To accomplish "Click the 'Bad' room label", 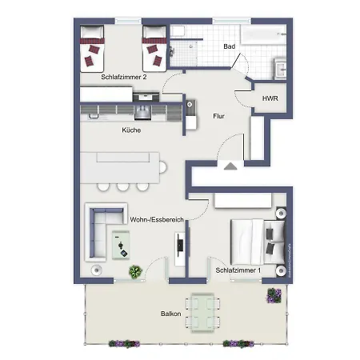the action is (x=229, y=46).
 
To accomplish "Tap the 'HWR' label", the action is (x=270, y=98).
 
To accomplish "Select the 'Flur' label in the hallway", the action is (x=218, y=116).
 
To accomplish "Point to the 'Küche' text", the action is (x=131, y=130).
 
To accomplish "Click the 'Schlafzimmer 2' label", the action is (x=124, y=77).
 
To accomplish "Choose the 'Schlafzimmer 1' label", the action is (x=238, y=270).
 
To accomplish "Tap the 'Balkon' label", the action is (x=170, y=314).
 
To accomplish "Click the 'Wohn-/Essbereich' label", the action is (x=157, y=219).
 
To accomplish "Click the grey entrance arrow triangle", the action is (x=230, y=166).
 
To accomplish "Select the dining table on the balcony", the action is (x=202, y=313).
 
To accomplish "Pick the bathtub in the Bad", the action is (x=263, y=34).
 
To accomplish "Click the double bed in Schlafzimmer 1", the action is (x=258, y=242).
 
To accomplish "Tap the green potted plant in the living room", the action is (x=135, y=272).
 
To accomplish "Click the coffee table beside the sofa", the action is (x=121, y=245).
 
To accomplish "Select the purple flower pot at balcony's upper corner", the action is (x=274, y=295).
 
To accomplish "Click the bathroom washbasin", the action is (x=281, y=69).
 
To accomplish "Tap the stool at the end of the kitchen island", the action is (x=162, y=167).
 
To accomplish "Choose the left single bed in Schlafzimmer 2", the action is (x=92, y=49).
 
